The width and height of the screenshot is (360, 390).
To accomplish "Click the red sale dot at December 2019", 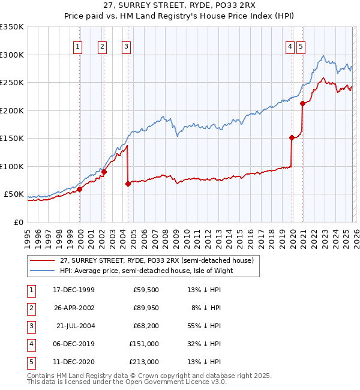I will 292,137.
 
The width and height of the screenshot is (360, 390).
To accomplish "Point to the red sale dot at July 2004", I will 128,184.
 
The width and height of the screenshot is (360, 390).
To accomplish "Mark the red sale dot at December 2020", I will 303,103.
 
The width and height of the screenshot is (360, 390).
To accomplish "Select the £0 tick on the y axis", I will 19,222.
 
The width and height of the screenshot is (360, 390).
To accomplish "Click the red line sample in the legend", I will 43,260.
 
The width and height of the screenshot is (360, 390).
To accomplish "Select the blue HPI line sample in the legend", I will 43,271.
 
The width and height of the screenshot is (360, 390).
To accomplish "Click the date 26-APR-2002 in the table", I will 73,308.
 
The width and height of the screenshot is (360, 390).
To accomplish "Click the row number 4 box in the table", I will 30,344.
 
